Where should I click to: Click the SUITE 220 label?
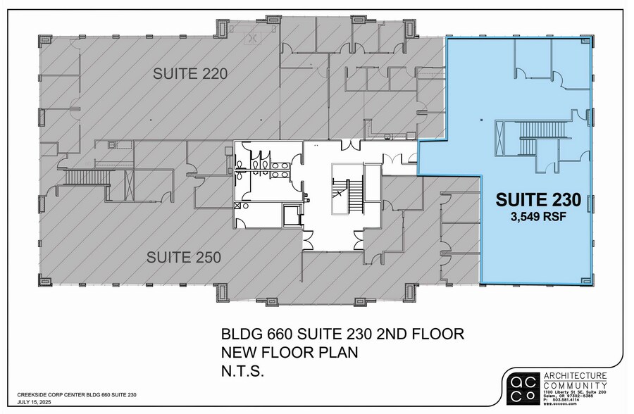[191, 73]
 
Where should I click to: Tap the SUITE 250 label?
[184, 258]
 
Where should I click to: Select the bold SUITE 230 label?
[538, 200]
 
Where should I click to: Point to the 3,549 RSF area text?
[539, 217]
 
